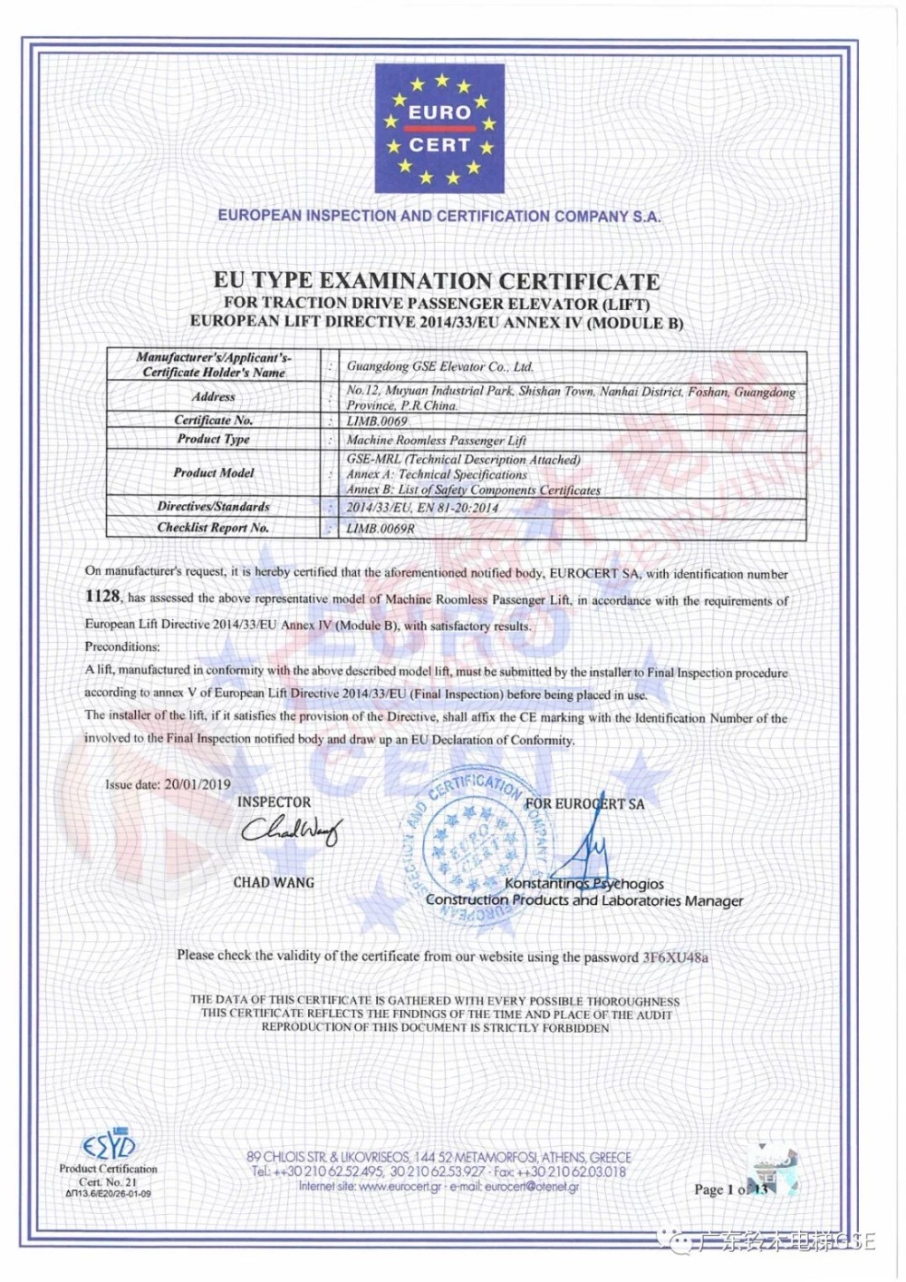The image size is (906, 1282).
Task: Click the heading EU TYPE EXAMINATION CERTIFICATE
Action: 437,281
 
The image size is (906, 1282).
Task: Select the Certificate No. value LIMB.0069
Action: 377,422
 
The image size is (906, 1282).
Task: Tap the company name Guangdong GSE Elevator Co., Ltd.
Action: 440,366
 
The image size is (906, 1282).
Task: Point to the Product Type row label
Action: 214,439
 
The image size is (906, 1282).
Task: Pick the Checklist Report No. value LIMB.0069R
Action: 381,529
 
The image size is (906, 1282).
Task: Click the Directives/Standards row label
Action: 214,507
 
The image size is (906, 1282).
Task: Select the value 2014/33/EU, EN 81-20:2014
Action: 422,508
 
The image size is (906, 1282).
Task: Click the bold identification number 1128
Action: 102,596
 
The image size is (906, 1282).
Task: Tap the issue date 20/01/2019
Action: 198,784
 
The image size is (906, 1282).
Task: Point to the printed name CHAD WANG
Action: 274,882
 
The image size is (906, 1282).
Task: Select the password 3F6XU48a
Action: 676,957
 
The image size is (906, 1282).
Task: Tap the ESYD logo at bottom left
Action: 109,1146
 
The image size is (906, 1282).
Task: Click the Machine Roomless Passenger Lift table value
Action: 436,440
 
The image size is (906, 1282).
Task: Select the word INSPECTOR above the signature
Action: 274,802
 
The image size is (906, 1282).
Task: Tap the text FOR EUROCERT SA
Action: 585,804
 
